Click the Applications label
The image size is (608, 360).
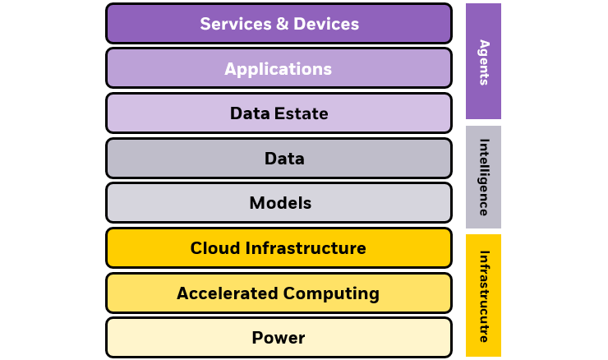pyautogui.click(x=279, y=69)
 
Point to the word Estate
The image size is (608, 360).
pyautogui.click(x=301, y=114)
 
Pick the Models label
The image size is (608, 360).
pyautogui.click(x=280, y=203)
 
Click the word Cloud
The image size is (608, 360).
pyautogui.click(x=215, y=248)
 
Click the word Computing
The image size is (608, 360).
pyautogui.click(x=331, y=293)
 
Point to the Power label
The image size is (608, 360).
pyautogui.click(x=279, y=338)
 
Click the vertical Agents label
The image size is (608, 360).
pyautogui.click(x=484, y=62)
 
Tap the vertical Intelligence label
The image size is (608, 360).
pyautogui.click(x=484, y=177)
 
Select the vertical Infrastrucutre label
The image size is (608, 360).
pyautogui.click(x=484, y=296)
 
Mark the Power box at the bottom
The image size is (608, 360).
pyautogui.click(x=164, y=338)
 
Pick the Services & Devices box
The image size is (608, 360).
pyautogui.click(x=148, y=24)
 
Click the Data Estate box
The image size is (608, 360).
pyautogui.click(x=164, y=114)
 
